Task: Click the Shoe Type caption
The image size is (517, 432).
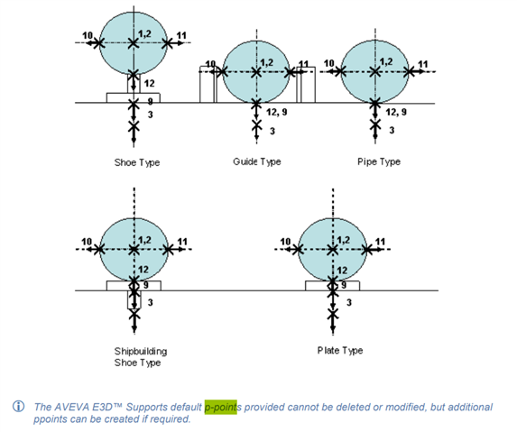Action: coord(137,162)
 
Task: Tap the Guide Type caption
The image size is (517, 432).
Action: coord(257,161)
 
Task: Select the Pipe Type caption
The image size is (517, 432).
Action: coord(379,161)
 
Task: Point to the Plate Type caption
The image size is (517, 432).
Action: coord(340,350)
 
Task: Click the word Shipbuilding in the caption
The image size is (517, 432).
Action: coord(141,351)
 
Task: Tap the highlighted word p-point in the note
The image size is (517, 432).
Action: coord(220,408)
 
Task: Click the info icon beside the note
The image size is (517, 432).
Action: coord(18,407)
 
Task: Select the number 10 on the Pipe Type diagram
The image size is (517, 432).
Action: coord(328,63)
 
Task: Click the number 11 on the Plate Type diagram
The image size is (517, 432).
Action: coord(380,242)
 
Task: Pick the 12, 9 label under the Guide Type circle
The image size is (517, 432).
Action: coord(277,113)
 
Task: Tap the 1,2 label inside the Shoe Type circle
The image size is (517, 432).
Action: coord(144,33)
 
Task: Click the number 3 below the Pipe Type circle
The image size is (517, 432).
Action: coord(392,131)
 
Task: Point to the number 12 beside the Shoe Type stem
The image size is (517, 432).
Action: coord(149,83)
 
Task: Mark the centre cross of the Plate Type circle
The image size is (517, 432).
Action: coord(333,250)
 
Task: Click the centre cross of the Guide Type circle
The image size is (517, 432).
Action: coord(256,72)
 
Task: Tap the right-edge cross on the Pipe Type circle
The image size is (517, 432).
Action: coord(410,71)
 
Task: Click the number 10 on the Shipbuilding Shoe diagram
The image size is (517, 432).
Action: coord(87,242)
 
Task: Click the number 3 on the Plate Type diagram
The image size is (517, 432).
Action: coord(349,302)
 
